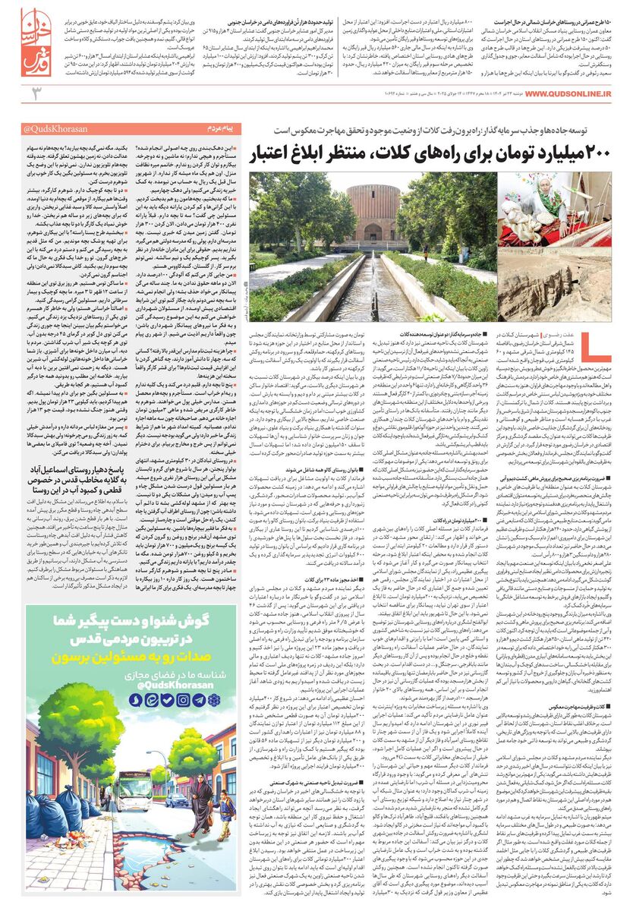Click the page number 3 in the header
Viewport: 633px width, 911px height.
click(34, 93)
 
